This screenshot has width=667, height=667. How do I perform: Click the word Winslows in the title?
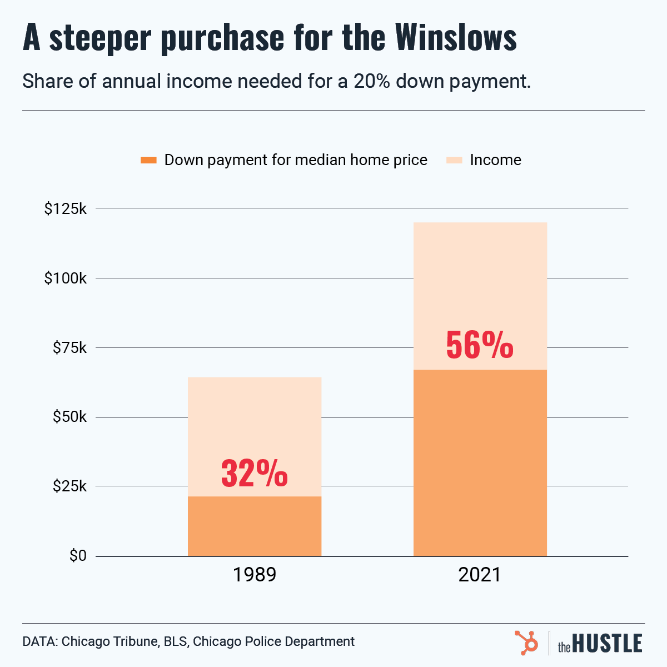(x=456, y=37)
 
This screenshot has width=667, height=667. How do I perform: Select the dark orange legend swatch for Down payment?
(x=148, y=160)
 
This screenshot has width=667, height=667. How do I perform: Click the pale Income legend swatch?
(x=454, y=160)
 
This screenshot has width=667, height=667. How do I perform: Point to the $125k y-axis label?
(x=66, y=209)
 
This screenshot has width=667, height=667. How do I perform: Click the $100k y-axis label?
(x=66, y=278)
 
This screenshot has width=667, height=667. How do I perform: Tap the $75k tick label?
(x=70, y=348)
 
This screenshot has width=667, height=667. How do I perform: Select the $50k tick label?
(x=70, y=417)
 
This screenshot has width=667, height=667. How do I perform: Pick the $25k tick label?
(x=70, y=486)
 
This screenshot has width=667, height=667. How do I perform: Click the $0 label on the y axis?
(x=78, y=556)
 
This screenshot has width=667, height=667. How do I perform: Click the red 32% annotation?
(x=255, y=473)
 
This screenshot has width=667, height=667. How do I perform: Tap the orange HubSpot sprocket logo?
(x=526, y=642)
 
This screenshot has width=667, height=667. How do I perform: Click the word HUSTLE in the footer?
(x=607, y=644)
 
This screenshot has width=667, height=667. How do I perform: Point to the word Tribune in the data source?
(x=136, y=641)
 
